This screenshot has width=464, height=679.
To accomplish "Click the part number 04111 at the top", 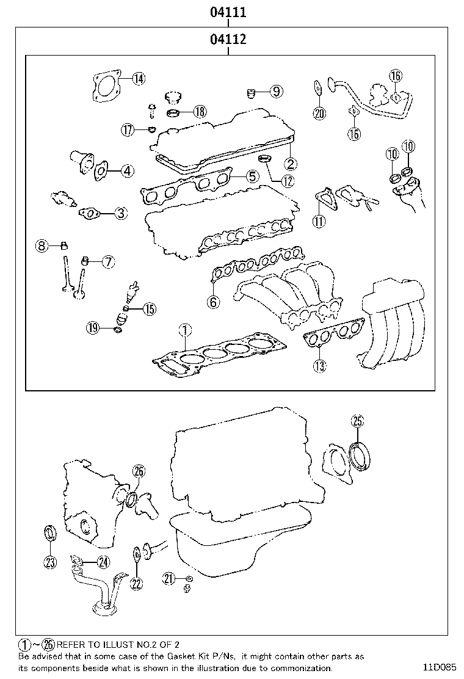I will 228,12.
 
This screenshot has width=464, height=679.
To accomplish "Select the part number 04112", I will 228,40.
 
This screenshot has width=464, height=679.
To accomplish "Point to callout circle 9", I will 275,92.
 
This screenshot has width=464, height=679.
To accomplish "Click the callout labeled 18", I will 200,112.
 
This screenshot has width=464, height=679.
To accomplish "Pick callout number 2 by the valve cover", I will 290,163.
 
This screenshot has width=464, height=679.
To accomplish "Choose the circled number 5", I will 252,177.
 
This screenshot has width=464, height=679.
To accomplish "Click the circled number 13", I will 319,366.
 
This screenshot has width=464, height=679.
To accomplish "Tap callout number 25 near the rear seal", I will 357,421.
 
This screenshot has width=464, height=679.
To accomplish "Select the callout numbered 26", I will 139,471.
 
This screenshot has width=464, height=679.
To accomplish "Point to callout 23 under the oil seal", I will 50,562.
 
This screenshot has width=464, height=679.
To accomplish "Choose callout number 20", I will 319,112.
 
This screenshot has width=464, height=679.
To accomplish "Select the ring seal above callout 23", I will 49,532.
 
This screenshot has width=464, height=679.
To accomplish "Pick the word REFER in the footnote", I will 73,644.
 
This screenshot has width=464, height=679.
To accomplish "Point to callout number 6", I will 213,301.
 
